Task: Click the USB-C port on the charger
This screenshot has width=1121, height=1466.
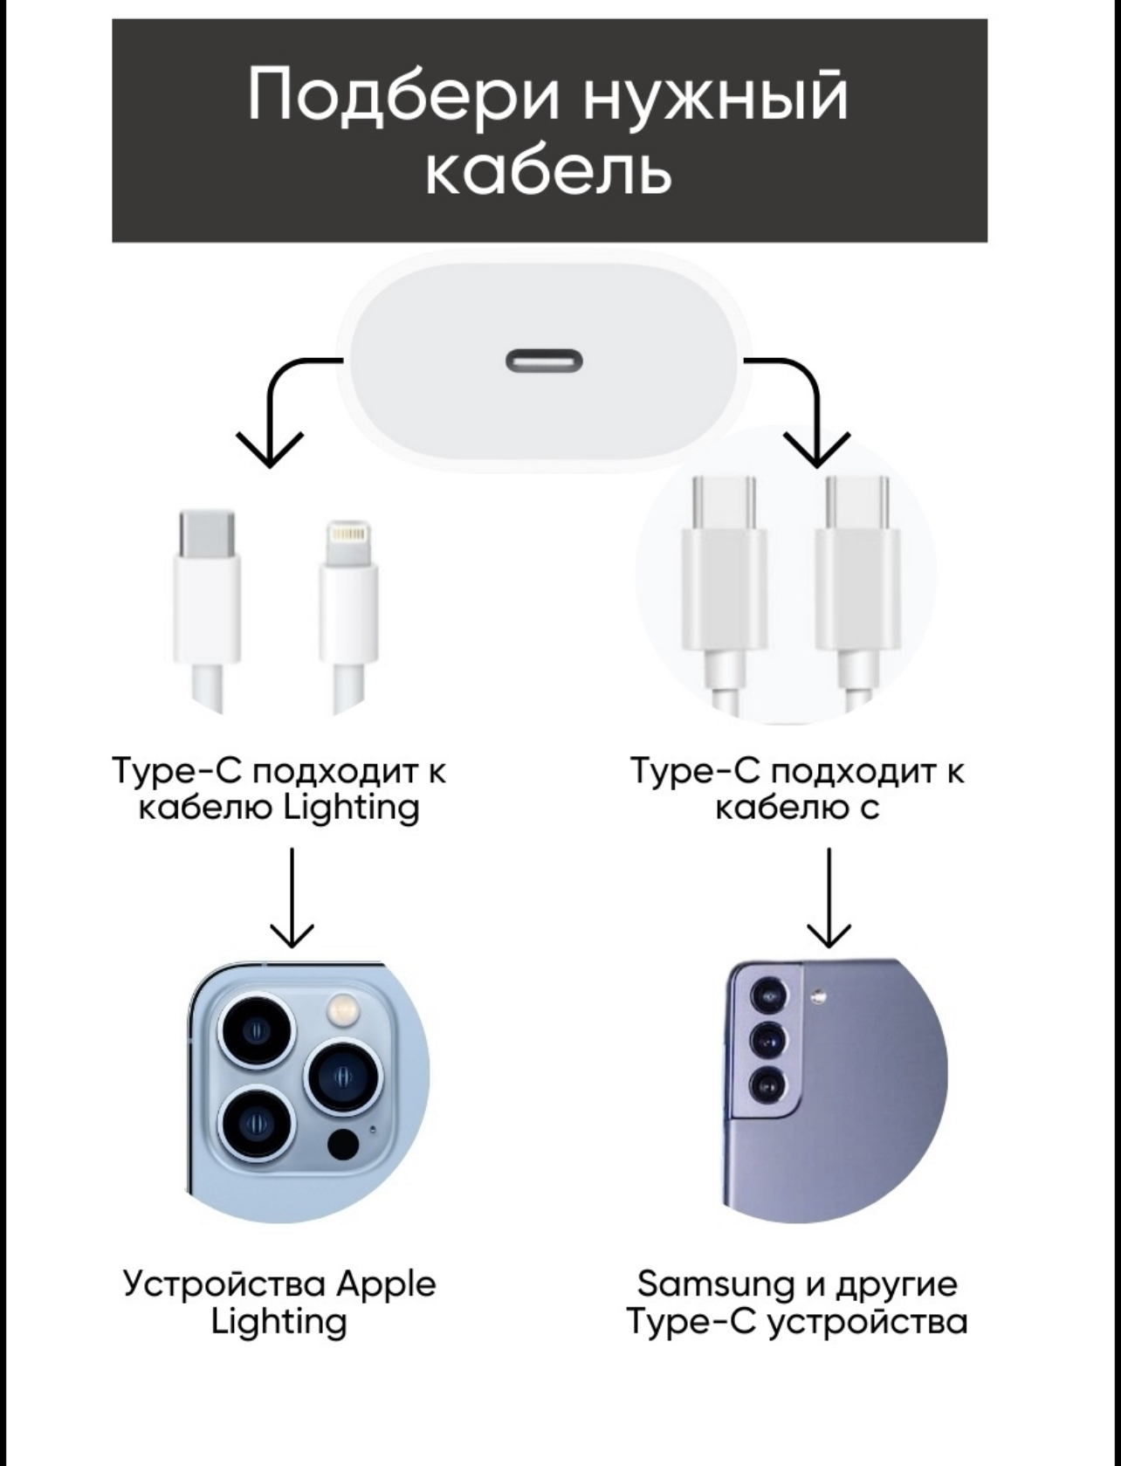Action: pos(544,360)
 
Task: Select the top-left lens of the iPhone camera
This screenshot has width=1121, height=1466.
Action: pos(257,1031)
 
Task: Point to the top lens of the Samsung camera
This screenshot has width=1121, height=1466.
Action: pos(769,995)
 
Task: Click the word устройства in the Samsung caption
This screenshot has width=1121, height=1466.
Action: pos(868,1322)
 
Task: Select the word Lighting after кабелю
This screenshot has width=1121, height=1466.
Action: pos(352,808)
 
